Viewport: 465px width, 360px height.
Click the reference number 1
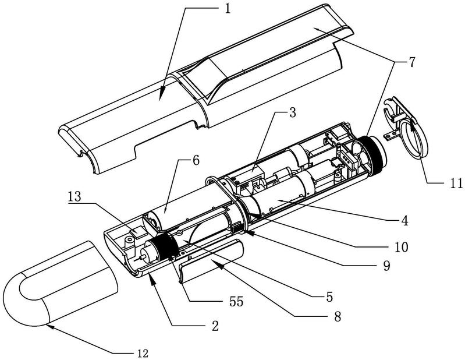(x=228, y=9)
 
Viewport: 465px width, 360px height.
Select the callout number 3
(x=292, y=113)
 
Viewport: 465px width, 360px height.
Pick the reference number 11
(x=196, y=161)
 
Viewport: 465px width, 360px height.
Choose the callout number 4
(x=405, y=221)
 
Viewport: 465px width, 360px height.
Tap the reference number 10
(x=401, y=246)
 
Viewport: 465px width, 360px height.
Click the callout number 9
(x=386, y=266)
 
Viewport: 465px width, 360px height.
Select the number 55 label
(x=236, y=302)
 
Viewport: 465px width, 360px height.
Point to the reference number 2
(x=215, y=326)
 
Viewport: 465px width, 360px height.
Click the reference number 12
(x=143, y=353)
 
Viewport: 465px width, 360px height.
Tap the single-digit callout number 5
(x=329, y=296)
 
